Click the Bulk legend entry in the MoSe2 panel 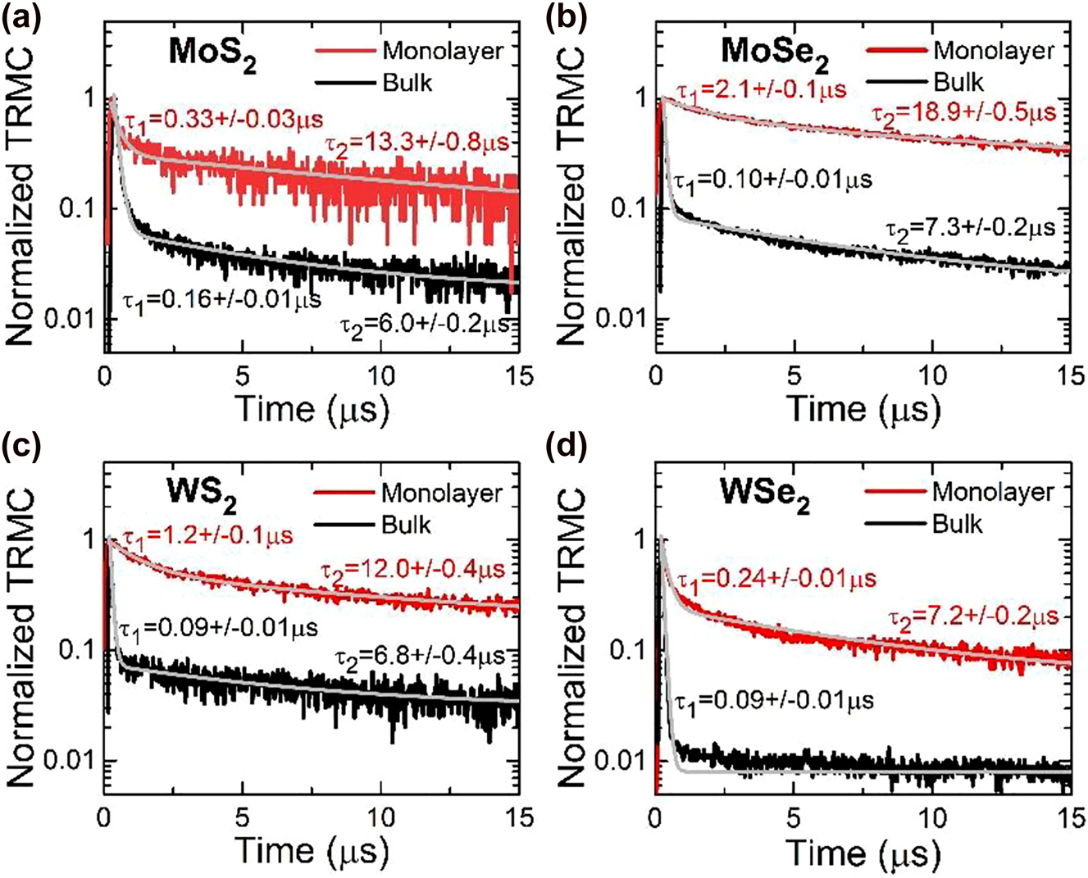coord(958,82)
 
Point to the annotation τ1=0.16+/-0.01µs coord(221,298)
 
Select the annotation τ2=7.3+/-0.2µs coord(969,226)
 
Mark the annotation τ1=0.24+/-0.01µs coord(775,579)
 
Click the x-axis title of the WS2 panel coord(312,851)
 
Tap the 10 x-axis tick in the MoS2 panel coord(380,376)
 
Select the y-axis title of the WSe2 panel coord(571,639)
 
